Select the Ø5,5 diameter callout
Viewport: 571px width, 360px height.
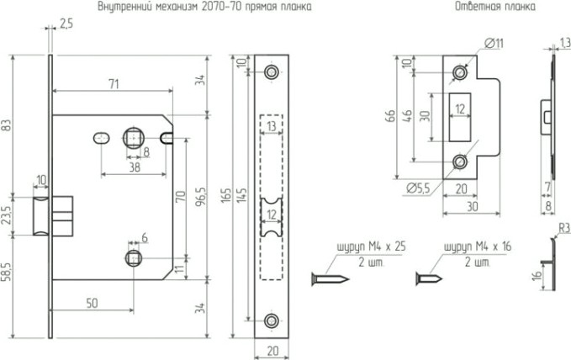(x=416, y=188)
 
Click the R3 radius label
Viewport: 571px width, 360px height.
(x=560, y=228)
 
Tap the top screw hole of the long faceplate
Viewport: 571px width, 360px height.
(x=271, y=73)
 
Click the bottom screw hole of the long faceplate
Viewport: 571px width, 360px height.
(x=271, y=320)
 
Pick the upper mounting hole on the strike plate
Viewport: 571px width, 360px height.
(x=458, y=73)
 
